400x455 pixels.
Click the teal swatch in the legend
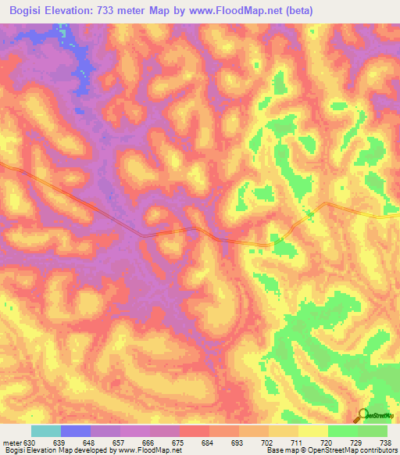click(46, 431)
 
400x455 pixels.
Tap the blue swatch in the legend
click(76, 431)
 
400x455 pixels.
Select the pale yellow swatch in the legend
click(313, 431)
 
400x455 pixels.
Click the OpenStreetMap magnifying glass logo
click(362, 415)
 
